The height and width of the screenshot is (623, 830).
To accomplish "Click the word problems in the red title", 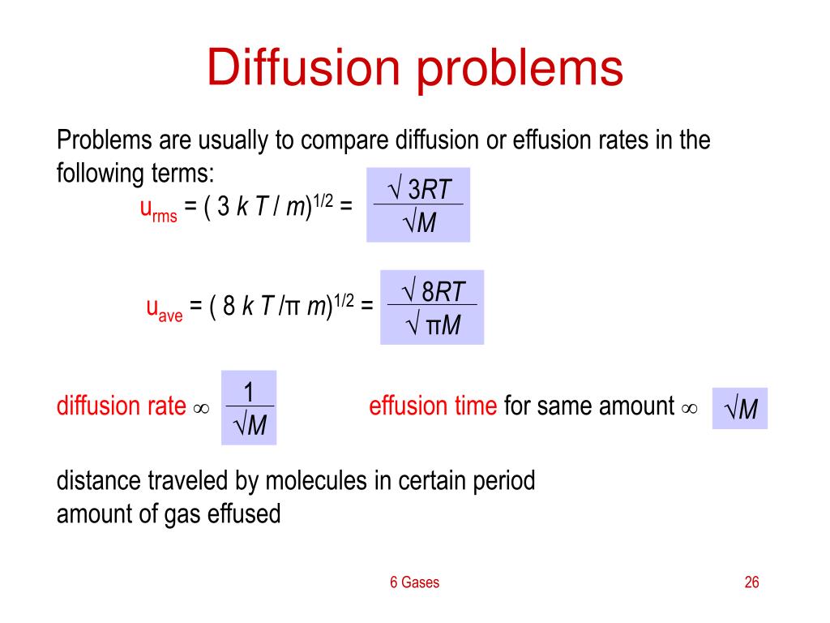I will tap(520, 69).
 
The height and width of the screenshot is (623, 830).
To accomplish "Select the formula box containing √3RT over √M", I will tap(417, 205).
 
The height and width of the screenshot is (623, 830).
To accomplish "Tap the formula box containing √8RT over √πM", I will tap(432, 307).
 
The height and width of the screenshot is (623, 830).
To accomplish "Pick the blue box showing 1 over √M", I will tap(249, 408).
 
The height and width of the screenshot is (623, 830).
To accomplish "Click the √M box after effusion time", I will tap(739, 408).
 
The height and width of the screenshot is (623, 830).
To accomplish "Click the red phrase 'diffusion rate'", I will tap(122, 406).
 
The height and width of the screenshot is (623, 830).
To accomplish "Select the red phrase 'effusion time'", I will tap(433, 406).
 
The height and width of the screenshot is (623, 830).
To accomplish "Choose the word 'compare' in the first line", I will tap(345, 140).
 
